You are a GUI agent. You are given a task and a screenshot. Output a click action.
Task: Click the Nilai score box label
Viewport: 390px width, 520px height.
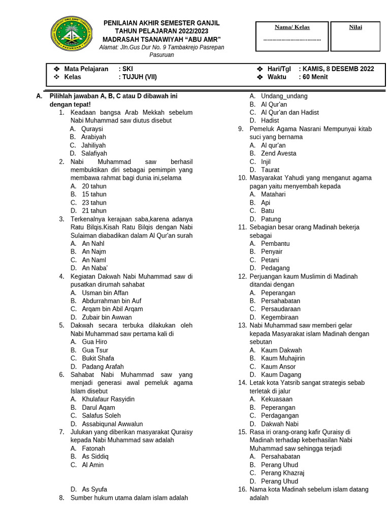click(x=355, y=27)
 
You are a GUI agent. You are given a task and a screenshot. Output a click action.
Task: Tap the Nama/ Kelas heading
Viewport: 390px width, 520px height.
click(x=292, y=27)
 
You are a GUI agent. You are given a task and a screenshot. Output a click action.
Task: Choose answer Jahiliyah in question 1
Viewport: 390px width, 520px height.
click(x=93, y=145)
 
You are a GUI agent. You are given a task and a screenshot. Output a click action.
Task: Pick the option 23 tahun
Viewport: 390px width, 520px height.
click(x=94, y=203)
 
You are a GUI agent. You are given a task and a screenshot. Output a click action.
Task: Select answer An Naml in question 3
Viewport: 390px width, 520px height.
click(x=93, y=260)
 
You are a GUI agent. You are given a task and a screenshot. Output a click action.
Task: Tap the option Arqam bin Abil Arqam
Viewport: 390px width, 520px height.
click(x=112, y=309)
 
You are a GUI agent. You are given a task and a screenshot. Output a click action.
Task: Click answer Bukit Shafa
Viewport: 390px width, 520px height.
click(x=98, y=358)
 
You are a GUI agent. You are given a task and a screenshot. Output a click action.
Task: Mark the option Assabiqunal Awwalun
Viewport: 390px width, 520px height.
click(x=112, y=424)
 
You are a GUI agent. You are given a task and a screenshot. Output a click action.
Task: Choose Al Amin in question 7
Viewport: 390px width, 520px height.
click(x=92, y=465)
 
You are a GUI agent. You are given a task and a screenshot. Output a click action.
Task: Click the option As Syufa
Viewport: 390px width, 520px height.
click(x=94, y=490)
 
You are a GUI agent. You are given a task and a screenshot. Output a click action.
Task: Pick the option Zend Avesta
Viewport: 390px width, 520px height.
click(x=278, y=153)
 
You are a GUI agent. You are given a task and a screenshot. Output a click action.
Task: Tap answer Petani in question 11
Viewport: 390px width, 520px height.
click(x=270, y=260)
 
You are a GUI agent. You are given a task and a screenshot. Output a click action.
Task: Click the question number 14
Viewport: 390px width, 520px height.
click(x=242, y=383)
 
